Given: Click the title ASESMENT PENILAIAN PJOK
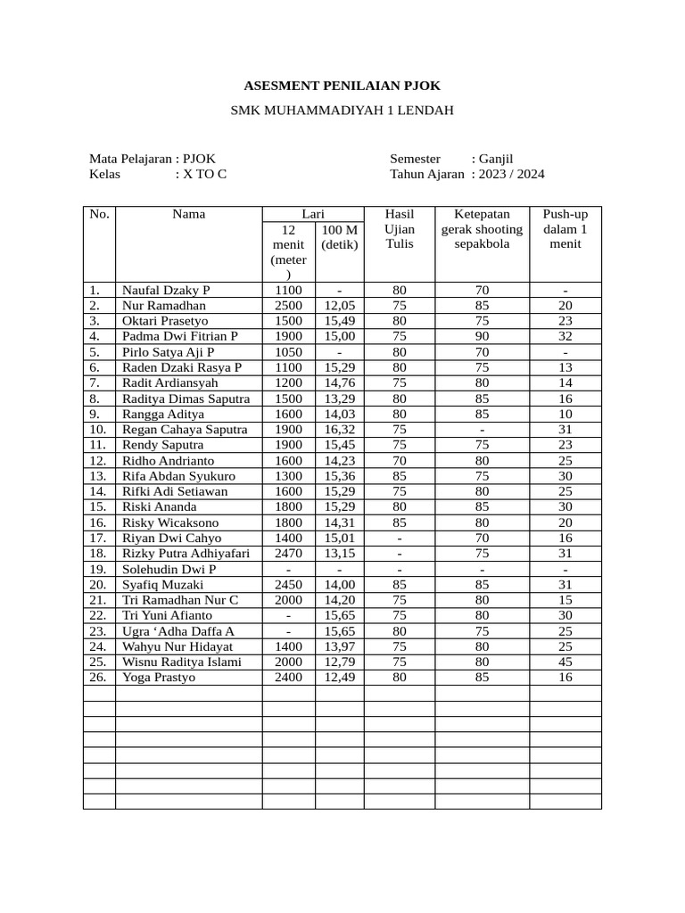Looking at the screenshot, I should pyautogui.click(x=342, y=86).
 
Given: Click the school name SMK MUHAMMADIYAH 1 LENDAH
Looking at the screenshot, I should pyautogui.click(x=342, y=111).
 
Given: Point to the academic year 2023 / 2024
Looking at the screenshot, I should pyautogui.click(x=511, y=174).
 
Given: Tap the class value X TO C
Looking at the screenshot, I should pyautogui.click(x=204, y=174).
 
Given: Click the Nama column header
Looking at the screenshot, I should pyautogui.click(x=188, y=214).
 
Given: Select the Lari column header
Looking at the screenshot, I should pyautogui.click(x=312, y=214).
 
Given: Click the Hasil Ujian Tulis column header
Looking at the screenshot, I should pyautogui.click(x=399, y=229).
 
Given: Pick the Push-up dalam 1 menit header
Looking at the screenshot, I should pyautogui.click(x=565, y=229).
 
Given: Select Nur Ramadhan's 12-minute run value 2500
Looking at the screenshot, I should pyautogui.click(x=288, y=306).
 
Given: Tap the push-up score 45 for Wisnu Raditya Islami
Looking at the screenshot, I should pyautogui.click(x=565, y=662).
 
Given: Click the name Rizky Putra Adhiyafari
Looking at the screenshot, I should pyautogui.click(x=186, y=554).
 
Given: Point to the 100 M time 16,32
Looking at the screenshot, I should pyautogui.click(x=339, y=430).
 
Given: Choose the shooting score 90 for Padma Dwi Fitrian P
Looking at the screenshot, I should pyautogui.click(x=482, y=336).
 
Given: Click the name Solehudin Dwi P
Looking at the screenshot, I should pyautogui.click(x=169, y=569).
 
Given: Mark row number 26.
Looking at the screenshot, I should pyautogui.click(x=98, y=678).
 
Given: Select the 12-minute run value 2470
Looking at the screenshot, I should pyautogui.click(x=288, y=554).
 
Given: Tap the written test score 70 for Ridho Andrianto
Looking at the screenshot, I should pyautogui.click(x=399, y=461).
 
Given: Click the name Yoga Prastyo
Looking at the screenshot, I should pyautogui.click(x=158, y=678).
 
